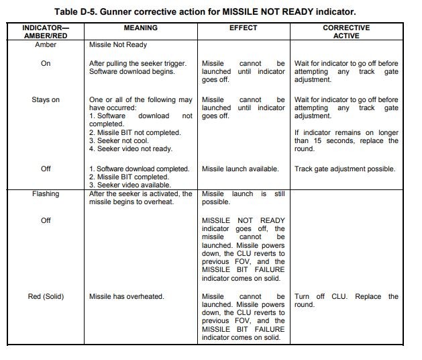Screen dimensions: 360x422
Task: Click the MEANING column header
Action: click(141, 28)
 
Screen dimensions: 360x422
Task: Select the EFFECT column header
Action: click(243, 28)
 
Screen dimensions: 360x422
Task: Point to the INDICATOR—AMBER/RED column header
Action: click(46, 32)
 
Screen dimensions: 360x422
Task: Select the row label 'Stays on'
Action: click(46, 100)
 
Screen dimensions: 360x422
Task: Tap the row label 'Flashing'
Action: click(46, 194)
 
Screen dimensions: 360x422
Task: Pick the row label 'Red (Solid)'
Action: click(46, 296)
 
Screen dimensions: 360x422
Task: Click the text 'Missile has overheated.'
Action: click(127, 296)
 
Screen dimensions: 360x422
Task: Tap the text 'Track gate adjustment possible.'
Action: click(345, 169)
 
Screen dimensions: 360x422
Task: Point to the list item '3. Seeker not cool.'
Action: click(123, 140)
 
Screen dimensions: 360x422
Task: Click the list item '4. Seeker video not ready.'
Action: click(131, 149)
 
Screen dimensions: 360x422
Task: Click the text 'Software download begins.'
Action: click(131, 72)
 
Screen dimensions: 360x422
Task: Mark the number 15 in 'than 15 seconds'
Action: click(319, 141)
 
